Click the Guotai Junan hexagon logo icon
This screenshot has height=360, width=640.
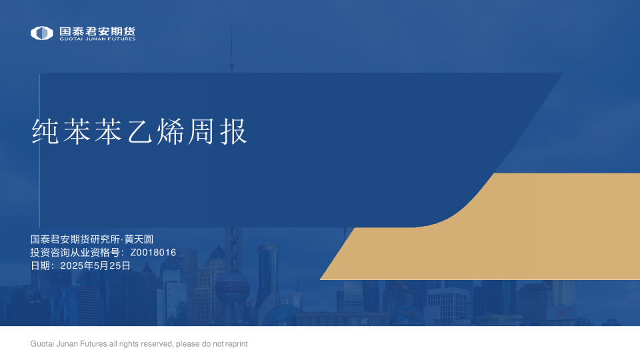42,33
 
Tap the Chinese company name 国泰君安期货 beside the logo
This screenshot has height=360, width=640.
97,31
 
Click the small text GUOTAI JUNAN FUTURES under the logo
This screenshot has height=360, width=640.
97,39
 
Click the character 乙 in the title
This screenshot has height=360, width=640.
139,132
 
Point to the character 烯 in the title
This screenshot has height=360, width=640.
169,132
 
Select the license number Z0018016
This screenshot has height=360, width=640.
153,253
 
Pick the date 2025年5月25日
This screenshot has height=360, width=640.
95,265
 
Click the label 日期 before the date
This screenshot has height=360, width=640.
41,265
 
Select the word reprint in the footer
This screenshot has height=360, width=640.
235,344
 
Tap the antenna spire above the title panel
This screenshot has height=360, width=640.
231,50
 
